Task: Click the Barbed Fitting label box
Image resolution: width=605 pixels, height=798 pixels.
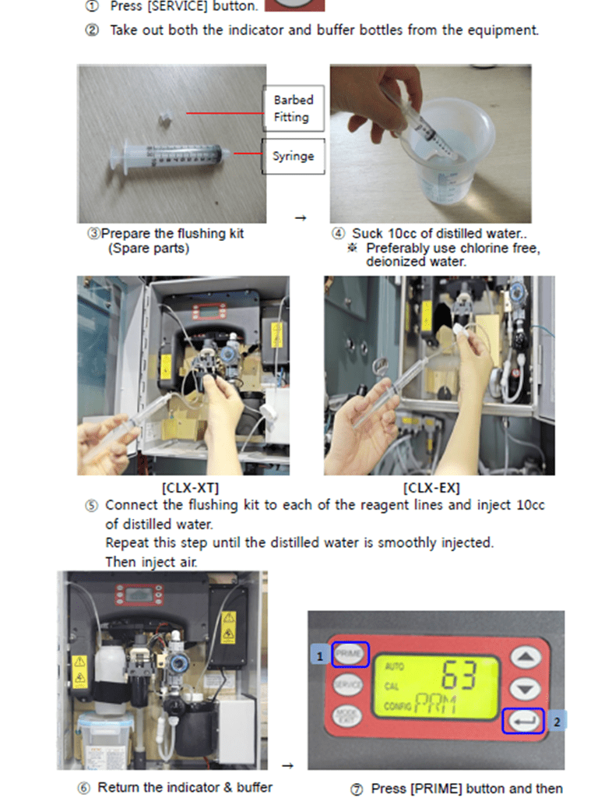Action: [294, 108]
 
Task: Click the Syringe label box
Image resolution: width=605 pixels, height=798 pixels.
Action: [294, 156]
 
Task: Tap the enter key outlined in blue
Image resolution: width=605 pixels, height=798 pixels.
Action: [523, 721]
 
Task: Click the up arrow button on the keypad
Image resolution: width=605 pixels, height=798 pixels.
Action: [525, 658]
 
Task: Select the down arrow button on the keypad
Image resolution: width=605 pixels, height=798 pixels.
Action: [525, 690]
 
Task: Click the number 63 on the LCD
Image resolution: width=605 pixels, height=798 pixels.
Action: [459, 676]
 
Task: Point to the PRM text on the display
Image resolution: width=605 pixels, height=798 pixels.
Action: [436, 704]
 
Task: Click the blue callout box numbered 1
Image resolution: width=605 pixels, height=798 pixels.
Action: [320, 655]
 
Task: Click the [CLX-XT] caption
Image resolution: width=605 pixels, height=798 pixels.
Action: [190, 488]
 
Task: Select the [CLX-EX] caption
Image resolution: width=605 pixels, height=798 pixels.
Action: [431, 488]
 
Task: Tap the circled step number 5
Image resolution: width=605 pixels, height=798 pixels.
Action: [92, 505]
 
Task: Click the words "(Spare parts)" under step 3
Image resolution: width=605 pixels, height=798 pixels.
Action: [148, 249]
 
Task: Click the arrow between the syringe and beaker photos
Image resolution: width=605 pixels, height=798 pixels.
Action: [301, 218]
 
